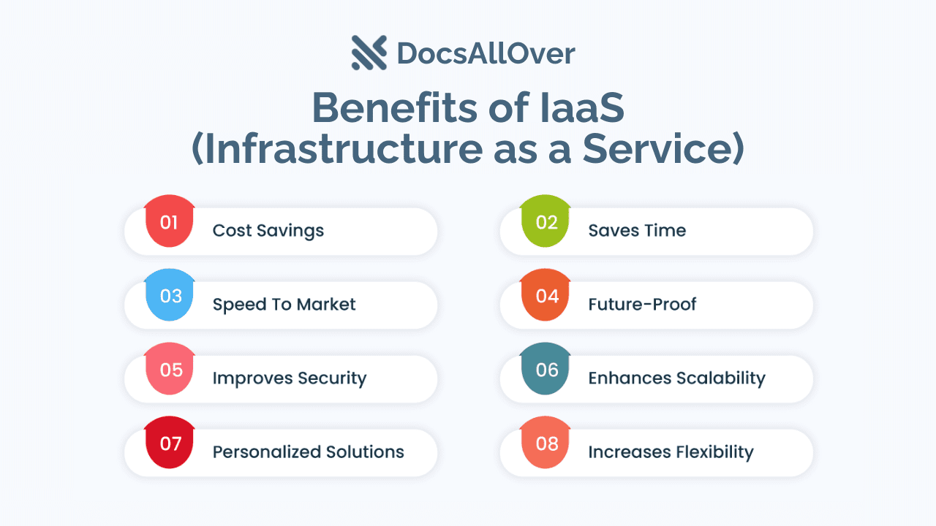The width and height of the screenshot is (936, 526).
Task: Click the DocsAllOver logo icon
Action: (x=369, y=53)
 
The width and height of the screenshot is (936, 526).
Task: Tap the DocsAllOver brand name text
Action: (x=486, y=54)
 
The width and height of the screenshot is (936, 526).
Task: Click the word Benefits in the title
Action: (x=394, y=107)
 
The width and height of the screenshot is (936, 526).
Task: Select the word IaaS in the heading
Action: (x=582, y=107)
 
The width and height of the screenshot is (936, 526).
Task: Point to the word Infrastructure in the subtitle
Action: (x=344, y=148)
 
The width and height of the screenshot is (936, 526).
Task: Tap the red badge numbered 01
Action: (x=169, y=221)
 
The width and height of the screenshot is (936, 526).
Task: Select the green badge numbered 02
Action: (x=546, y=221)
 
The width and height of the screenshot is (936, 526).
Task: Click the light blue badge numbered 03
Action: (x=169, y=294)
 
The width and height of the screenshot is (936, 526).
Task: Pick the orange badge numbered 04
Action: (x=546, y=294)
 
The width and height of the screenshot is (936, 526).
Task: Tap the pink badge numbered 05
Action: (x=169, y=369)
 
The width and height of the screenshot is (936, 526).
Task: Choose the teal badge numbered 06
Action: (x=546, y=369)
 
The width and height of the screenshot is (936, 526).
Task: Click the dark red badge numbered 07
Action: (x=169, y=443)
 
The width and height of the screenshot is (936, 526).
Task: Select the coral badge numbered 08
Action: (x=546, y=443)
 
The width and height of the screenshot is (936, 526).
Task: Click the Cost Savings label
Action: (x=268, y=230)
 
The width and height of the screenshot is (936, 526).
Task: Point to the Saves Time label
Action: (x=637, y=230)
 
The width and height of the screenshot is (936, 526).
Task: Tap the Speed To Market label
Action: (x=284, y=305)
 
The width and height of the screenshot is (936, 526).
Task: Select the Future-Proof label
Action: (x=642, y=305)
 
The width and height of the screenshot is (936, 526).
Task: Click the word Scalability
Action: (x=721, y=378)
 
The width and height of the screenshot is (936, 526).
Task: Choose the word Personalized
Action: (x=267, y=451)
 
